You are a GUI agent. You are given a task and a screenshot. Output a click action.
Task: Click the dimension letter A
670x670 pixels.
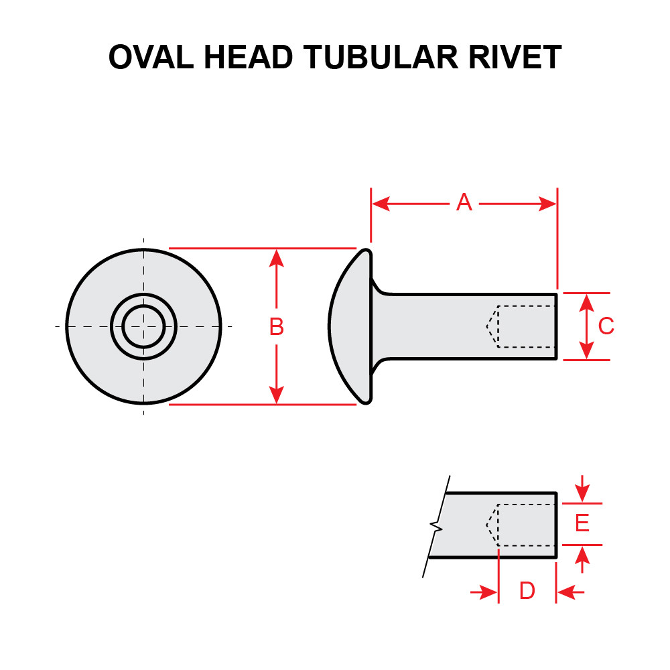coord(464,203)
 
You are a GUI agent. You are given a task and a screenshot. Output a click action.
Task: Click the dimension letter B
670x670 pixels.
coord(276,327)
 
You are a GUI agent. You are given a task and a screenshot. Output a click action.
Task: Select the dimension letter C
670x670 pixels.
coord(606,326)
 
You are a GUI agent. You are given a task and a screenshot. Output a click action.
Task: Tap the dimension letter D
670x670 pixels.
coord(527,592)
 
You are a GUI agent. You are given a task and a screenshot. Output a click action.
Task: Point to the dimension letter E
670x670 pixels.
coord(582,523)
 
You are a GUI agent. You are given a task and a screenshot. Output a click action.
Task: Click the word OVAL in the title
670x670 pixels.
coord(152,58)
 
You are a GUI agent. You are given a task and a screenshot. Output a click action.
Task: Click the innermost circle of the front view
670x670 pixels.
coord(143,326)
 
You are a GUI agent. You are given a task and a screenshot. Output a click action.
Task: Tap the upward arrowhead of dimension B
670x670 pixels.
coord(276,257)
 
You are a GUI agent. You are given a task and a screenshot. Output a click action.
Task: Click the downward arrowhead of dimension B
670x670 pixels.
coord(276,395)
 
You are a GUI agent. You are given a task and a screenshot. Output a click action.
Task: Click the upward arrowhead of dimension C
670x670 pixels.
coord(587,302)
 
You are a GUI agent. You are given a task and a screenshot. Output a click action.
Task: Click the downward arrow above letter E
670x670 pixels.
coord(582,492)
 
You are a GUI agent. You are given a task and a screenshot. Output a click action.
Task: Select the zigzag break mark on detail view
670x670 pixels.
coord(437,525)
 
